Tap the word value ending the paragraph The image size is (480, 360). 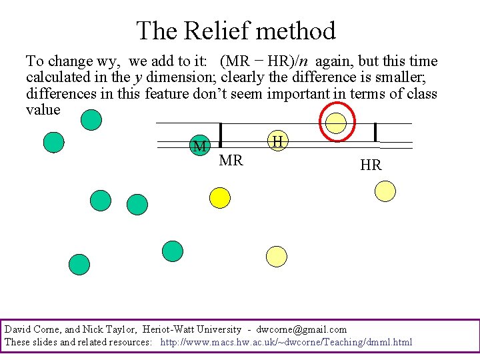point(43,110)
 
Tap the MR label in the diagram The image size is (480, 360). point(231,161)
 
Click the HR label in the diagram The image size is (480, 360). point(371,165)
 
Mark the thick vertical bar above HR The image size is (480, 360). point(376,132)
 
